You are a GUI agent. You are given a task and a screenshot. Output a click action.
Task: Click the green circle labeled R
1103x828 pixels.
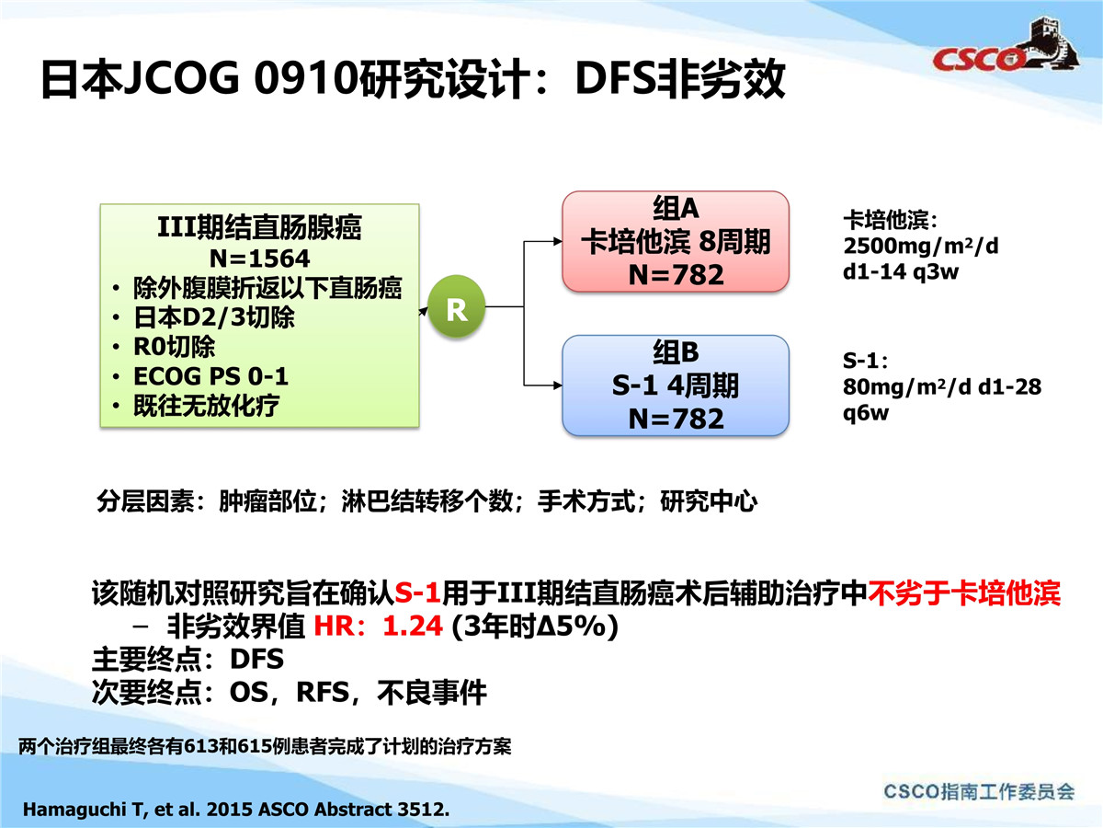click(x=456, y=306)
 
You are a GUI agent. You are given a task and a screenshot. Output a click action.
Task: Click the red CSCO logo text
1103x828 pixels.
click(x=978, y=60)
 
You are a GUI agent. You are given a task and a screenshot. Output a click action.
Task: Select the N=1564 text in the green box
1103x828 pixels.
click(x=259, y=259)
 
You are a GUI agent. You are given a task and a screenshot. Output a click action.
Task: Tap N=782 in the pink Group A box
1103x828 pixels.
click(x=676, y=274)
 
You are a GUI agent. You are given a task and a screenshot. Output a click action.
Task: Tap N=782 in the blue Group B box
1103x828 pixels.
click(x=676, y=419)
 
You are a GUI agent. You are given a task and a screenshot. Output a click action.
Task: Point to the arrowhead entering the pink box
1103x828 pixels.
click(x=558, y=241)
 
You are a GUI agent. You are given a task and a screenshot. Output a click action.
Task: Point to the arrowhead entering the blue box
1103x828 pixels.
click(x=558, y=385)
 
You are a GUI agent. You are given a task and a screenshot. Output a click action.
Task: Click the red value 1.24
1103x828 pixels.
click(x=413, y=626)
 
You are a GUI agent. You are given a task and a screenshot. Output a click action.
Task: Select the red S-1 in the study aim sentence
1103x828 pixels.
click(x=417, y=592)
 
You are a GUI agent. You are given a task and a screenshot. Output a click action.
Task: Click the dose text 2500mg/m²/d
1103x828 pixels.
click(x=921, y=246)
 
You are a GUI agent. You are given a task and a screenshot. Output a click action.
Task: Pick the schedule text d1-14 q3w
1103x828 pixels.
click(x=901, y=271)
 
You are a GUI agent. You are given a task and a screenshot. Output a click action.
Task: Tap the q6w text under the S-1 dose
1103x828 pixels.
click(x=865, y=413)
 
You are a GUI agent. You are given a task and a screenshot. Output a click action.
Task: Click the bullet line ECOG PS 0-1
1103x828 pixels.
click(x=210, y=376)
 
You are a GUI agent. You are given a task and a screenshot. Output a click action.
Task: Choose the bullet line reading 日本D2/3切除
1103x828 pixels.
click(x=214, y=317)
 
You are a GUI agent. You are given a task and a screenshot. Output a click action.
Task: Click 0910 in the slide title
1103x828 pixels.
click(x=306, y=78)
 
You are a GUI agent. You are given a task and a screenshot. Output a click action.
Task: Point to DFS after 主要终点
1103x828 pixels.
click(x=256, y=659)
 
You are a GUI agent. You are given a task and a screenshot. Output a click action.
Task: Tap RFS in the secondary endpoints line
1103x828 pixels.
click(x=324, y=692)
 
